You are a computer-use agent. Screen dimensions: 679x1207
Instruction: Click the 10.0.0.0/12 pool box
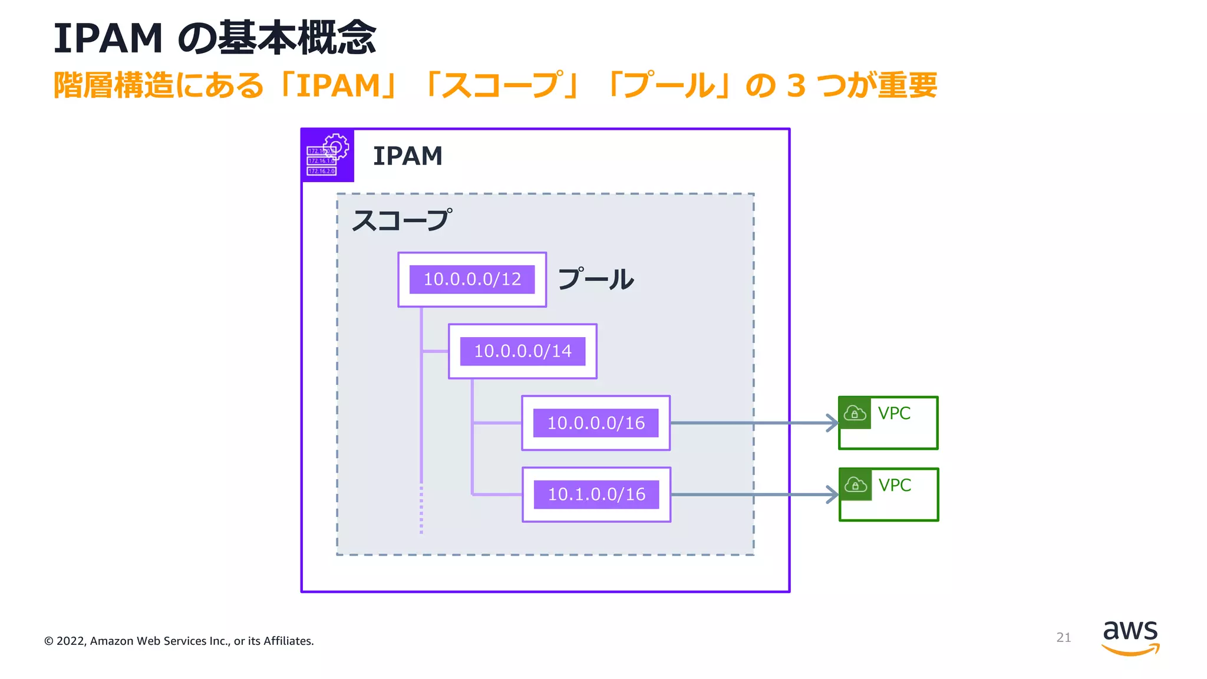click(x=472, y=279)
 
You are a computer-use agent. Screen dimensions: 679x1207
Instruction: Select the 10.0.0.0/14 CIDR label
click(x=523, y=351)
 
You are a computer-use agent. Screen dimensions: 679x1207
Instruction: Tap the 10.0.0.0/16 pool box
click(x=596, y=423)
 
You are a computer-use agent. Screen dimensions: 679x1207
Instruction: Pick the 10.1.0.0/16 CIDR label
click(x=596, y=495)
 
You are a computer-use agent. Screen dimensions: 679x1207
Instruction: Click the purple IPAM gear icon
click(x=328, y=155)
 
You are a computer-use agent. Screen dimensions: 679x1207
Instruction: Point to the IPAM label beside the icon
click(x=407, y=156)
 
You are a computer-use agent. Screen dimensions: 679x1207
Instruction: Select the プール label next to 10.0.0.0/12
click(x=595, y=279)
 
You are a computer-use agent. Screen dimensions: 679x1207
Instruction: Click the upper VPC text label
click(x=894, y=413)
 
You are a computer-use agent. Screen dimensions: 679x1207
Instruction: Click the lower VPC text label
click(x=895, y=485)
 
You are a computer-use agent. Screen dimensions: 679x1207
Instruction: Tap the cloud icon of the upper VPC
click(x=855, y=413)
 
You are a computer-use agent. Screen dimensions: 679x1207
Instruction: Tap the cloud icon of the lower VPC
click(x=855, y=485)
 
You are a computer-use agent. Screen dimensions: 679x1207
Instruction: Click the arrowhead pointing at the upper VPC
click(x=833, y=423)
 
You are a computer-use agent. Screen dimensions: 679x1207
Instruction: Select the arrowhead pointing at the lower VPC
click(x=833, y=495)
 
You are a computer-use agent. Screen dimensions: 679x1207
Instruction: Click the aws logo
click(x=1130, y=637)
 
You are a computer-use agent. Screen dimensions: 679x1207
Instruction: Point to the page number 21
click(x=1063, y=637)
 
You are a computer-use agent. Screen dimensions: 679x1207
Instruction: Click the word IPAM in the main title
click(x=108, y=39)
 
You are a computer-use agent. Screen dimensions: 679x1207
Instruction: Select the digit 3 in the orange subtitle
click(x=796, y=86)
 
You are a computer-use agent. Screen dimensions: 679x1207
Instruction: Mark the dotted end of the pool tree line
click(x=421, y=510)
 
